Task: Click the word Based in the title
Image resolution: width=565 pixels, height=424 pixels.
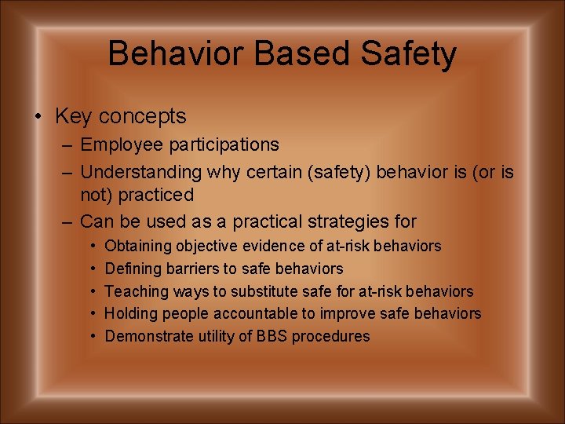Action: click(290, 54)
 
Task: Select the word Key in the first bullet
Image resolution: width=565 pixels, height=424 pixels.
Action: click(72, 117)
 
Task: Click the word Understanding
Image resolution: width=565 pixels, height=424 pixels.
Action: click(142, 172)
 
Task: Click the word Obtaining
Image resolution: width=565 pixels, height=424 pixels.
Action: click(138, 247)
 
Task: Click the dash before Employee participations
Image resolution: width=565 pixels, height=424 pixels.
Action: click(67, 145)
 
